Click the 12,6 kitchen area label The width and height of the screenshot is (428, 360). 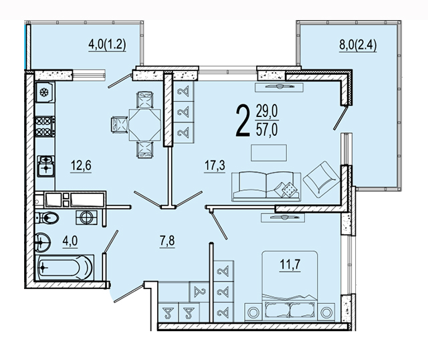click(x=81, y=165)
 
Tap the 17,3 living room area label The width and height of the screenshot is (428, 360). click(x=215, y=165)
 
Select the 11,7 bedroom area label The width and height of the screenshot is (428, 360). click(x=290, y=264)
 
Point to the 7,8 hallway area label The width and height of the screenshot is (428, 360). click(x=167, y=241)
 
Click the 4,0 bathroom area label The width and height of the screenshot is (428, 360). click(x=70, y=241)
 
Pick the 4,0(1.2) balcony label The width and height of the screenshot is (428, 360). click(x=107, y=44)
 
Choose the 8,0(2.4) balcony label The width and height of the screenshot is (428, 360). click(x=358, y=45)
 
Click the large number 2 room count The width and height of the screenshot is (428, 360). click(x=243, y=121)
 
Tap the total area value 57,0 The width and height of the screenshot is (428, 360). click(x=267, y=130)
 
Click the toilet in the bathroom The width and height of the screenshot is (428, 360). click(x=47, y=218)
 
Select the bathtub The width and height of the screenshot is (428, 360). click(x=64, y=268)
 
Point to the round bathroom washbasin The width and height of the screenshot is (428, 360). click(x=43, y=242)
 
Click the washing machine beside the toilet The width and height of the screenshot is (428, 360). click(x=86, y=217)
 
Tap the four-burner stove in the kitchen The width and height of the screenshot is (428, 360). click(x=45, y=126)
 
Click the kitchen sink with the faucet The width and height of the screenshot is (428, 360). click(x=46, y=165)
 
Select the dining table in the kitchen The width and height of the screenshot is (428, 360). click(x=144, y=125)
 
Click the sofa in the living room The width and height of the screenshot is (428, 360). click(x=266, y=186)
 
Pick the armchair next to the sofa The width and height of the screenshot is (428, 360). click(x=321, y=179)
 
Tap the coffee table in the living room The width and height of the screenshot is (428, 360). click(x=269, y=153)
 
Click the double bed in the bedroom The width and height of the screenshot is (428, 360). click(x=290, y=286)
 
